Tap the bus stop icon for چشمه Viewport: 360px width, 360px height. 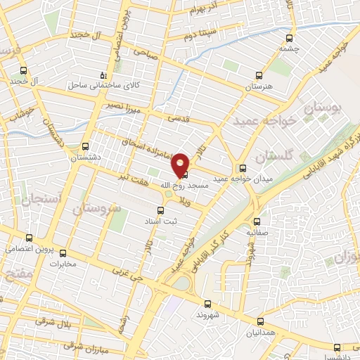point(288,39)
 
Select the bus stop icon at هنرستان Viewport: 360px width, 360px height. point(259,76)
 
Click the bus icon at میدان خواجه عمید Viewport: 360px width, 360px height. point(243,168)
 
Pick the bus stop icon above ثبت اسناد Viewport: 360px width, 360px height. point(160,210)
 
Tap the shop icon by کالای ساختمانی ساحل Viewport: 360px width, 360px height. point(103,75)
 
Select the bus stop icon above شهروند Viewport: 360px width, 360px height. point(207,304)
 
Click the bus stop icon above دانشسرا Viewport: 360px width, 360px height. point(337,347)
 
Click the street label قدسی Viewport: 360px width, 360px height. point(179,119)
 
